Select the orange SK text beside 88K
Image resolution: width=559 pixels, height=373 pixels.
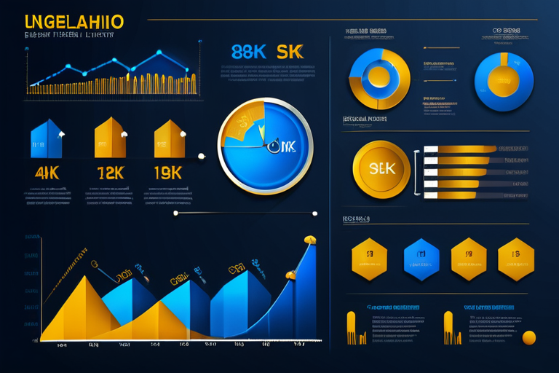click(x=288, y=52)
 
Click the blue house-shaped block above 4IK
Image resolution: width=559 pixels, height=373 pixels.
click(x=46, y=140)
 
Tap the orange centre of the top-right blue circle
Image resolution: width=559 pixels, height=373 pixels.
click(x=504, y=80)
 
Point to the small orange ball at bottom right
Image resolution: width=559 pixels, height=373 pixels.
click(x=529, y=337)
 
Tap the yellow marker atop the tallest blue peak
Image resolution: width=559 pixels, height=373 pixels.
click(x=309, y=239)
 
